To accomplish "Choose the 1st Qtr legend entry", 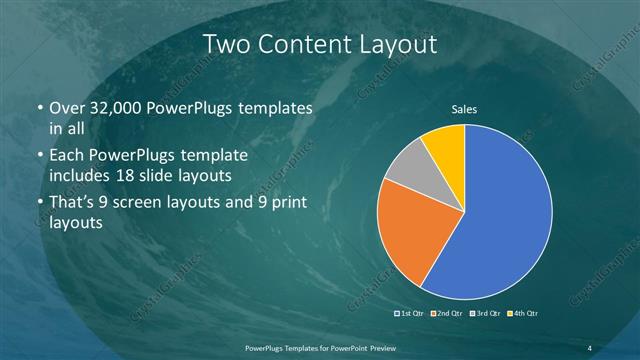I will [x=411, y=314].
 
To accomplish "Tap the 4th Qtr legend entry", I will [x=524, y=314].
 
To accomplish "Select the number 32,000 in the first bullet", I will [x=109, y=108].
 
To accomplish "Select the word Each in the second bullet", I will [x=66, y=157].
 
